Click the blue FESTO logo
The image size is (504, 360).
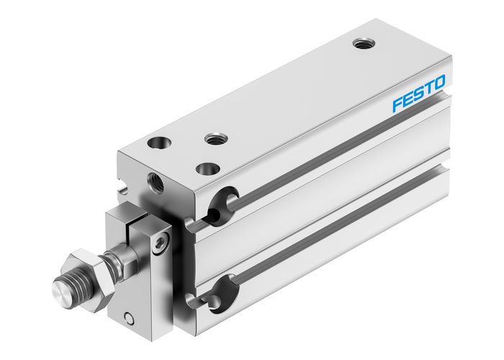419,93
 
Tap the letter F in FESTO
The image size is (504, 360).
397,104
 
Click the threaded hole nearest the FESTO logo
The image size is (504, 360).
362,44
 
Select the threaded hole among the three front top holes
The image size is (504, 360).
214,138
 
